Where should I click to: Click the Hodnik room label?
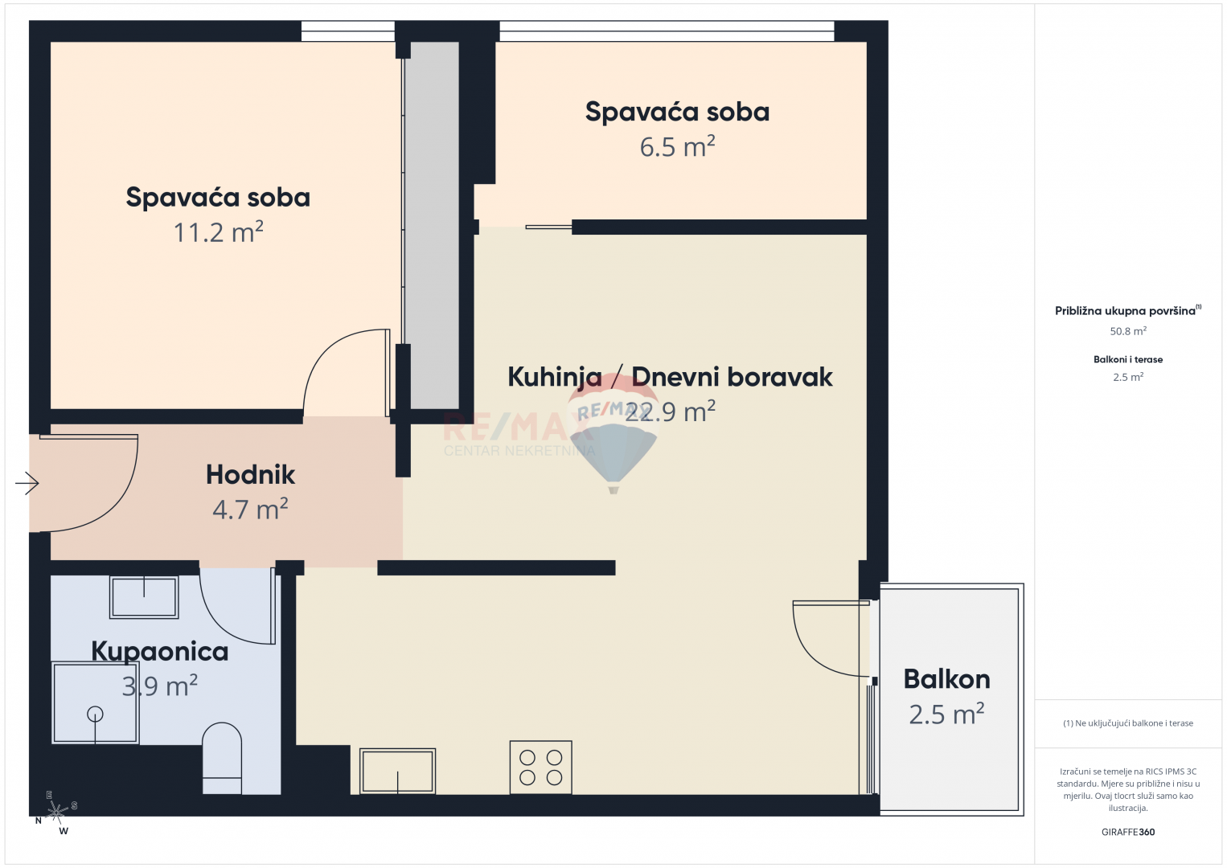pyautogui.click(x=250, y=474)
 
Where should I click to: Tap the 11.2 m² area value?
pyautogui.click(x=219, y=232)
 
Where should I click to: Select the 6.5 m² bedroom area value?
pyautogui.click(x=678, y=147)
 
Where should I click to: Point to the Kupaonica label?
pyautogui.click(x=159, y=652)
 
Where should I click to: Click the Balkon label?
pyautogui.click(x=946, y=679)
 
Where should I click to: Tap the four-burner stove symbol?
pyautogui.click(x=540, y=768)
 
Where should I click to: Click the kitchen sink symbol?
pyautogui.click(x=398, y=771)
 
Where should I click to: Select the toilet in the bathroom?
pyautogui.click(x=222, y=758)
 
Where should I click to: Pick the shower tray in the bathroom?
pyautogui.click(x=96, y=703)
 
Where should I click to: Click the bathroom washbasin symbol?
pyautogui.click(x=144, y=597)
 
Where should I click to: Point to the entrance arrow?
pyautogui.click(x=27, y=483)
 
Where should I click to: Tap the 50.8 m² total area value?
pyautogui.click(x=1128, y=331)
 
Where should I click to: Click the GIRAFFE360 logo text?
pyautogui.click(x=1128, y=832)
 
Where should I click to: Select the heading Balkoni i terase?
pyautogui.click(x=1128, y=359)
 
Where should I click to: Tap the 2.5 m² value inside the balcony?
pyautogui.click(x=946, y=714)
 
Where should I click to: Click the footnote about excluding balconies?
pyautogui.click(x=1128, y=723)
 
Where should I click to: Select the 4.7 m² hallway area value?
pyautogui.click(x=250, y=510)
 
